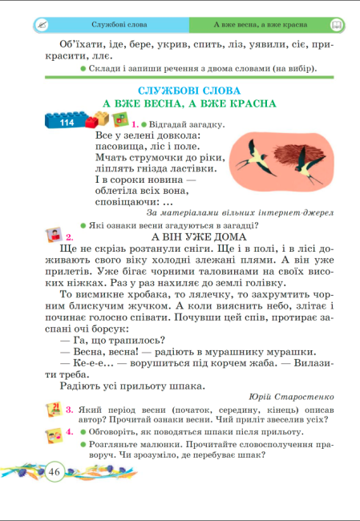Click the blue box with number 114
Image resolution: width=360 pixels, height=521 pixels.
(66, 122)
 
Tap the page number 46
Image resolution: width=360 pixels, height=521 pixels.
(55, 471)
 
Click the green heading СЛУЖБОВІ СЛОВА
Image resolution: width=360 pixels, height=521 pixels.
(189, 91)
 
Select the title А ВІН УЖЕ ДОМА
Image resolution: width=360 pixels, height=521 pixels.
(198, 237)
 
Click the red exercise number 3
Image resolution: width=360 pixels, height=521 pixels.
(70, 409)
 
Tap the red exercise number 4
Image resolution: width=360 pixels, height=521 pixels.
(70, 432)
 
